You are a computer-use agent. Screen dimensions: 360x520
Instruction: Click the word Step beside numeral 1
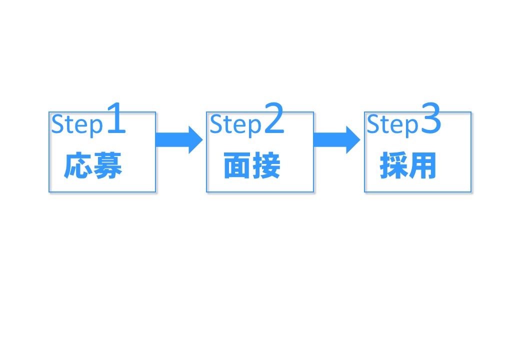(76, 125)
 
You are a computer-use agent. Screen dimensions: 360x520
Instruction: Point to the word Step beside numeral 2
(235, 125)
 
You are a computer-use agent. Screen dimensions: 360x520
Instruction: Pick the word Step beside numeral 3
(392, 125)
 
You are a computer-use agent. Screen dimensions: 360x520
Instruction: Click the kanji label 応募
(93, 166)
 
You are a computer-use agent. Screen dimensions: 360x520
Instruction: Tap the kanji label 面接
(251, 166)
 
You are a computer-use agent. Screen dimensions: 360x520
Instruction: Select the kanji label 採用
(408, 166)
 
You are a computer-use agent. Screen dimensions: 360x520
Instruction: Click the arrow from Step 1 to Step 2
(179, 139)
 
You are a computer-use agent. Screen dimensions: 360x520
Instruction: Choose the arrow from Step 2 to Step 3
(336, 139)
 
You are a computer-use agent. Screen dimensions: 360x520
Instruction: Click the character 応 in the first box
(78, 166)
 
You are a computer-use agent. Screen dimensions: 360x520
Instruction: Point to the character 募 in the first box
(108, 166)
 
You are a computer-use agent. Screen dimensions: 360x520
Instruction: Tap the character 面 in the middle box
(236, 166)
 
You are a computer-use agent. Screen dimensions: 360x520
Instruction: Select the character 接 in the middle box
(266, 166)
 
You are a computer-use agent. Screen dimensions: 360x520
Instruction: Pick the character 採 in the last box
(393, 166)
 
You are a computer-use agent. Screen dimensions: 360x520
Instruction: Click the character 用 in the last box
(423, 166)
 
